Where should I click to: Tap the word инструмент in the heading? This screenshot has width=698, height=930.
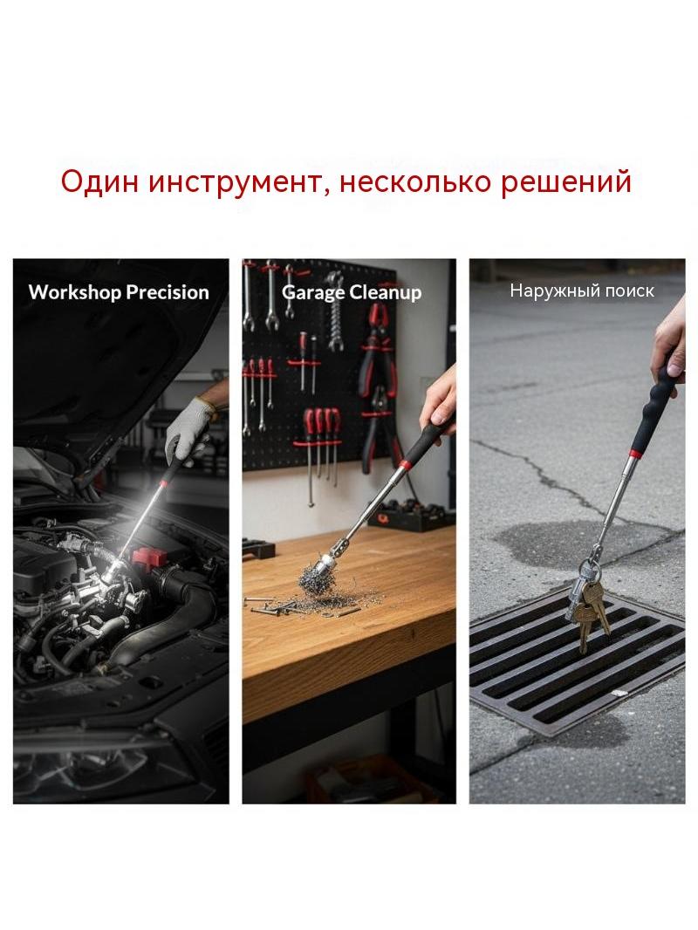(234, 181)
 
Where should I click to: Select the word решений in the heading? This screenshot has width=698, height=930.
(565, 181)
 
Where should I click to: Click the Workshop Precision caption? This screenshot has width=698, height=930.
(119, 292)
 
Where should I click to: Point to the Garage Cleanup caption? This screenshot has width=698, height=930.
(352, 292)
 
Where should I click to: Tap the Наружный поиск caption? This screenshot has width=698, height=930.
(582, 291)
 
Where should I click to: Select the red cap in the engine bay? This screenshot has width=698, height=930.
(147, 557)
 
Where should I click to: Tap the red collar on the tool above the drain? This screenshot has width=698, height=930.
(634, 454)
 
